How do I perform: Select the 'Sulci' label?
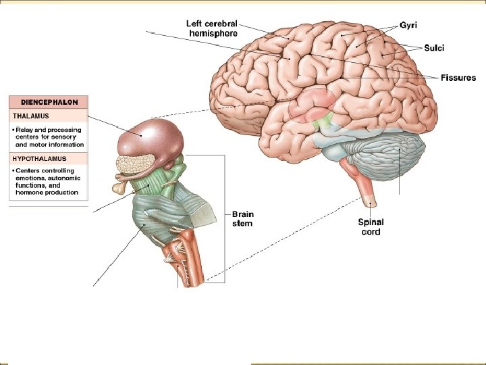(434, 47)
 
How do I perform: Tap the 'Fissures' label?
(458, 78)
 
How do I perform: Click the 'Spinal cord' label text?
(371, 226)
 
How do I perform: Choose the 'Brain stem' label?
(242, 219)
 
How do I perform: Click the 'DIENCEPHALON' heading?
(48, 102)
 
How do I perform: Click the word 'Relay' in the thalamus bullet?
(26, 130)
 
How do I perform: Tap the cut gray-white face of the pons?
(205, 212)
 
